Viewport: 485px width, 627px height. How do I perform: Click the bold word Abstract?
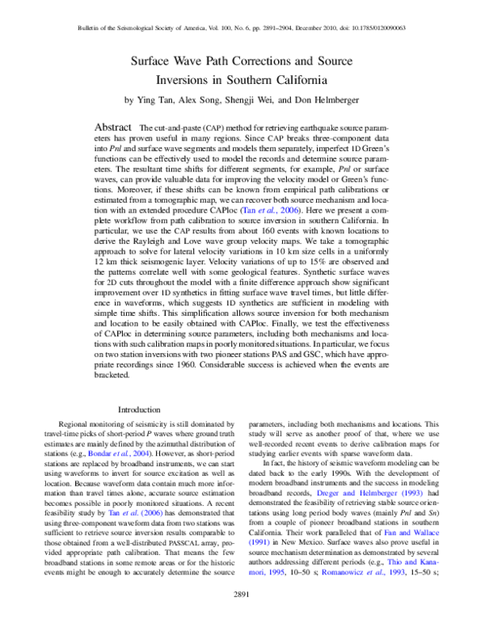[x=114, y=128]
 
